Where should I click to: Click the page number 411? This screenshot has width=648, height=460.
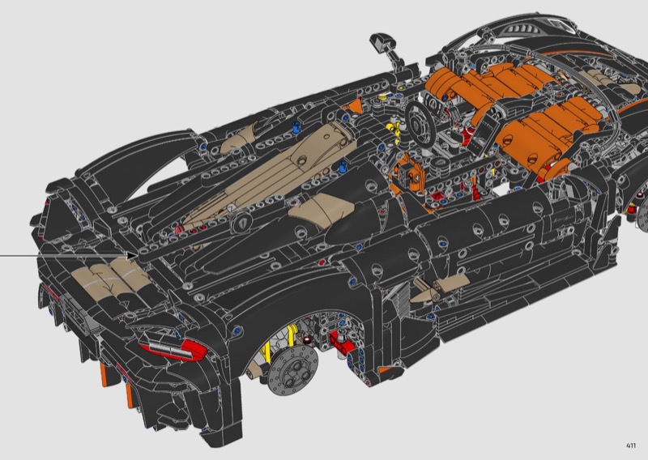tap(631, 445)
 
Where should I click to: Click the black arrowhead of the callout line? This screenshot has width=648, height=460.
tap(133, 256)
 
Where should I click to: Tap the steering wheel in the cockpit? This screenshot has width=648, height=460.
tap(420, 123)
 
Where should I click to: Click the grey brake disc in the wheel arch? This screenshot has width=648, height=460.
tap(292, 370)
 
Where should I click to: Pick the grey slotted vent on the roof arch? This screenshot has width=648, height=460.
tap(522, 28)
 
